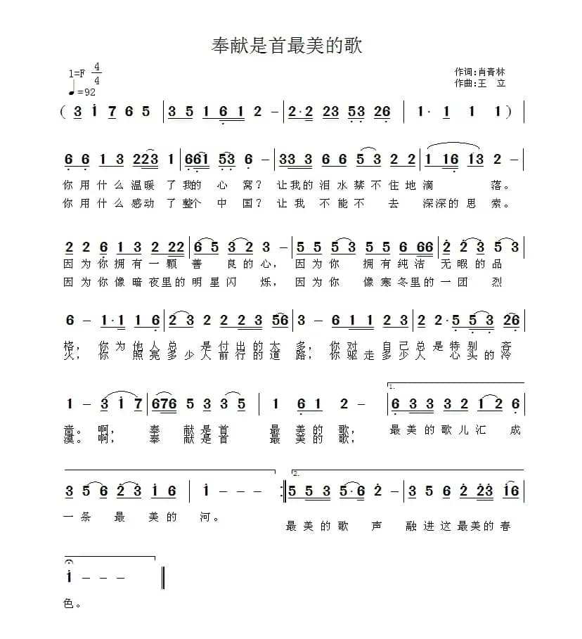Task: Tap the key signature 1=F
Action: coord(77,73)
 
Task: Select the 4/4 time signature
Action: coord(96,74)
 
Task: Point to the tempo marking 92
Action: coord(86,92)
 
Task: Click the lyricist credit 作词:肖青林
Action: coord(480,72)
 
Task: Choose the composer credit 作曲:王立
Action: coord(480,83)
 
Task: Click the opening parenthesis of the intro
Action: coord(63,111)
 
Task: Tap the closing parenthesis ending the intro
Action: coord(508,111)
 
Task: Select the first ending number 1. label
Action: coord(392,387)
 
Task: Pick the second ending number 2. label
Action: coord(296,473)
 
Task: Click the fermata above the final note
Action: coord(69,563)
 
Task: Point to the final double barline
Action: coord(163,577)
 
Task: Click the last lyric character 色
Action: coord(68,603)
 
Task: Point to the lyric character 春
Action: coord(505,526)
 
